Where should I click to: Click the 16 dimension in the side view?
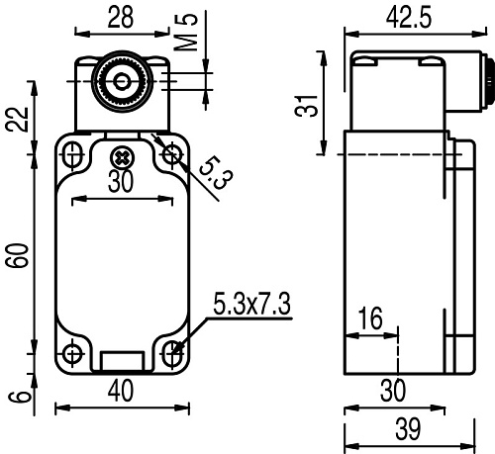pos(368,318)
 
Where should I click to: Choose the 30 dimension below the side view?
pos(394,391)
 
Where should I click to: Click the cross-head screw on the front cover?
pos(121,156)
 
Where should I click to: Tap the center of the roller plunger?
pos(120,80)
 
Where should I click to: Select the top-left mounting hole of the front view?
pos(72,153)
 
